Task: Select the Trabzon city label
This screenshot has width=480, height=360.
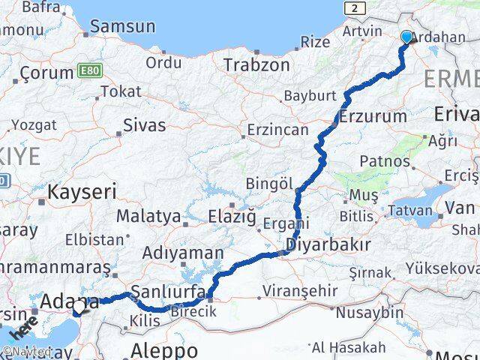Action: (256, 64)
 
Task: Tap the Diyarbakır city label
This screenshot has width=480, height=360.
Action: (328, 244)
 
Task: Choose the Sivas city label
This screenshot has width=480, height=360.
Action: (144, 124)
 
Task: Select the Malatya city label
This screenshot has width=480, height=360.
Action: (148, 217)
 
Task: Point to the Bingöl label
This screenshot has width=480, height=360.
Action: (268, 184)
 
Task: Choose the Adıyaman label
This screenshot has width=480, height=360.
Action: (182, 253)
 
